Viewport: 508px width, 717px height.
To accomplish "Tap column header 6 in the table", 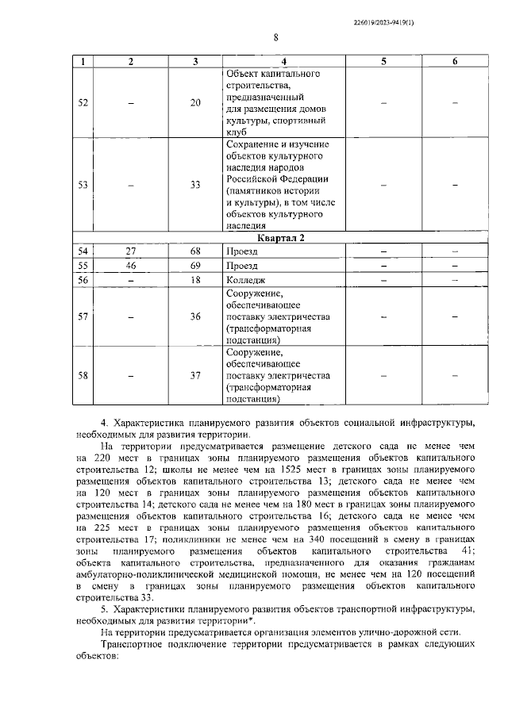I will pyautogui.click(x=455, y=61).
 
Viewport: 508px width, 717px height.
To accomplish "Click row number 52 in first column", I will pyautogui.click(x=83, y=102).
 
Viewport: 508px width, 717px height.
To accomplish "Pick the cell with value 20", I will pyautogui.click(x=195, y=102).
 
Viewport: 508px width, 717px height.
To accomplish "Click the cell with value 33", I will pyautogui.click(x=195, y=185).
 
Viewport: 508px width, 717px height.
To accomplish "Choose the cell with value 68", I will pyautogui.click(x=195, y=251).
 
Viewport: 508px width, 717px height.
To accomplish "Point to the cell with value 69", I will pyautogui.click(x=195, y=266).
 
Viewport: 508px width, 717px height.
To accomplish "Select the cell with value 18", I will pyautogui.click(x=195, y=280).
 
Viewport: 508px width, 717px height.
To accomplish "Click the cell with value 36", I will pyautogui.click(x=195, y=316).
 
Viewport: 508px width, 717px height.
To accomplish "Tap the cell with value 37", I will pyautogui.click(x=195, y=375).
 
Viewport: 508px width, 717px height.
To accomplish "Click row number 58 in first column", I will pyautogui.click(x=83, y=375).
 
